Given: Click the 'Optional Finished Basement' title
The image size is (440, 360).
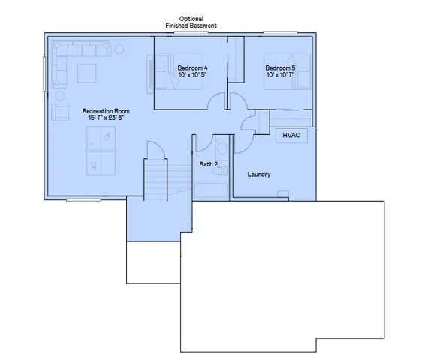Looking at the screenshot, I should coord(191,22).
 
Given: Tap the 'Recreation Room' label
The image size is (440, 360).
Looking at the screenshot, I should coord(101,110).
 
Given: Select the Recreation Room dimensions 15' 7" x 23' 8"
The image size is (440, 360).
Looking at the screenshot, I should coord(101,118).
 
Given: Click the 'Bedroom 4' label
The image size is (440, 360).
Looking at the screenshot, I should coord(192,68).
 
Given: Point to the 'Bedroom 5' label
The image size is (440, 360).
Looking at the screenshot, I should coord(280,68).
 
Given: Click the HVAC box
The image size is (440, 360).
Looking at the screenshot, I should coord(291,136).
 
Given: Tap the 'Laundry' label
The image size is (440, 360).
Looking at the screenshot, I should coord(259,175).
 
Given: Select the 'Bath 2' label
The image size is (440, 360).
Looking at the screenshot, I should coord(208,163).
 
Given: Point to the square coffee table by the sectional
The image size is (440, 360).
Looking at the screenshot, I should coord(85,73).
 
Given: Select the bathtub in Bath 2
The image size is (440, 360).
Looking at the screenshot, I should coord(210,190).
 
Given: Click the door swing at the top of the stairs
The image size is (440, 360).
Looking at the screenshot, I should coord(154,151).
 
